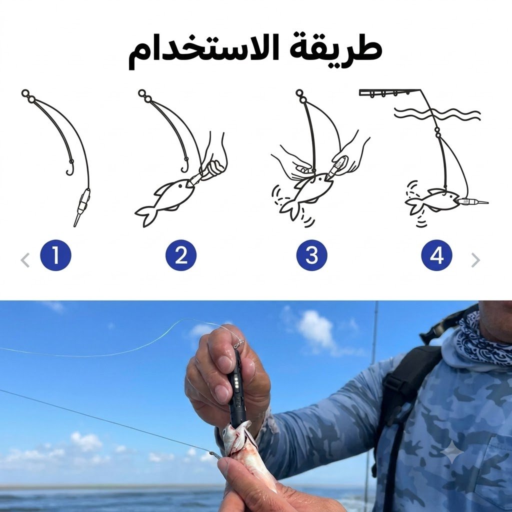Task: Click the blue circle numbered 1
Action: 55,255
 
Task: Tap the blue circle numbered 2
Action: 181,255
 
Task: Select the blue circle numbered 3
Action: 312,255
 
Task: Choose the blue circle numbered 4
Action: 437,255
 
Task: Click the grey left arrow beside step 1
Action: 25,260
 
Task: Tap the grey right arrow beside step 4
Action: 476,260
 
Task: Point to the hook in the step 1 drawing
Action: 69,167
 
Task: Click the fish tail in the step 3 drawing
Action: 290,209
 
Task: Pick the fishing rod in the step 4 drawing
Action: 389,92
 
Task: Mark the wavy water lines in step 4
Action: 437,112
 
